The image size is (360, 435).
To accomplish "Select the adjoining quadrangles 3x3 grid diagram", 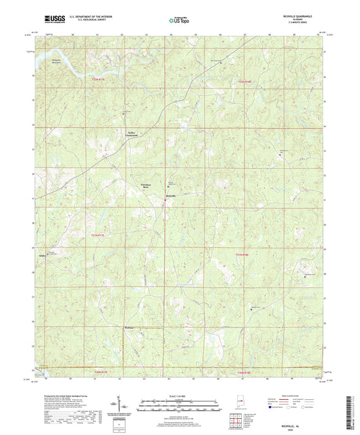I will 234,419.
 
